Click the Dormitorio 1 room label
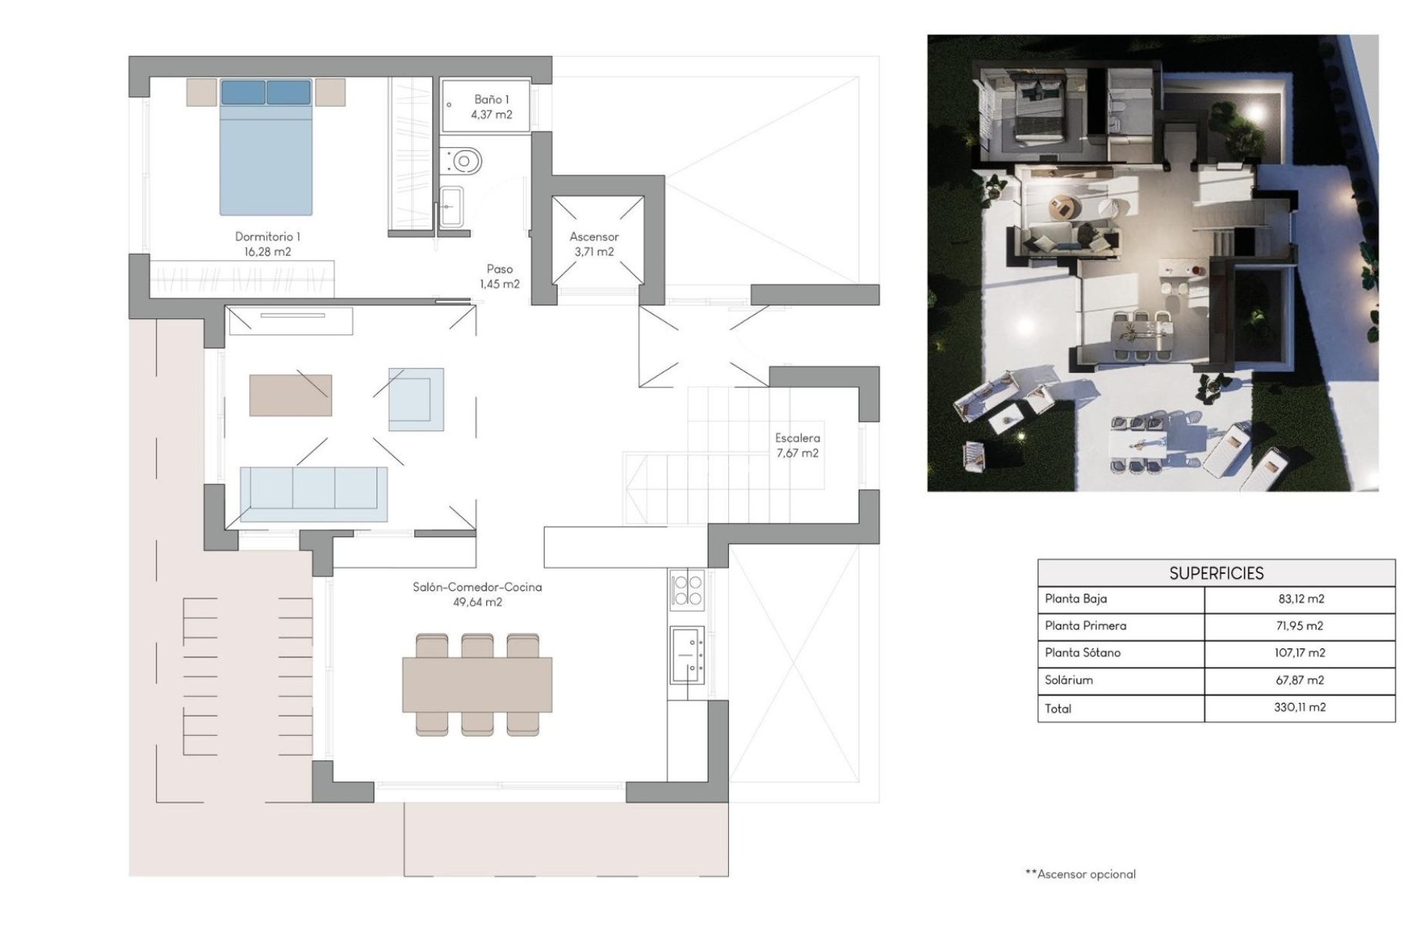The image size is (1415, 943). coord(268,244)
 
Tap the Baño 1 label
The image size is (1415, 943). coord(492,107)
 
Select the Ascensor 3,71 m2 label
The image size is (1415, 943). coord(594,244)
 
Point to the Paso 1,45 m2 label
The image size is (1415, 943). coord(500,276)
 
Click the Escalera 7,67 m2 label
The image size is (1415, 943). coord(797,445)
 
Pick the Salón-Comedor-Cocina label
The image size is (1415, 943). coord(478,594)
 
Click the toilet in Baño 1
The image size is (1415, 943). coord(464,160)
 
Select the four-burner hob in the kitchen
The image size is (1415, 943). coord(687,589)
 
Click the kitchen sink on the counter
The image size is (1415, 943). coord(687,654)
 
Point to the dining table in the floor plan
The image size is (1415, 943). coord(477,685)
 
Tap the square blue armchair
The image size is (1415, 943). coord(416,399)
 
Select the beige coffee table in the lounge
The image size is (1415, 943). coord(290,396)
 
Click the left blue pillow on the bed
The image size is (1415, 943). coord(243,93)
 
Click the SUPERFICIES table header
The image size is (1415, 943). coord(1216,573)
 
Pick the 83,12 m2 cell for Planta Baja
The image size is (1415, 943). coord(1301,599)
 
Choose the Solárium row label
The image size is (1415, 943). coord(1069,680)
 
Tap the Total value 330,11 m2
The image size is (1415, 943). coord(1299,707)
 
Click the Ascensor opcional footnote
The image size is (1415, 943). coord(1080,874)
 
